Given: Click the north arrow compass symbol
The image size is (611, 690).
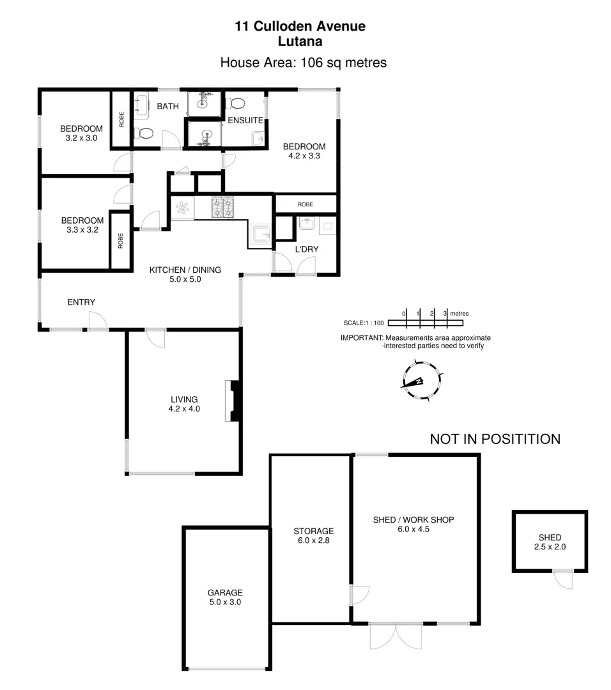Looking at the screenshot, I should [x=421, y=380].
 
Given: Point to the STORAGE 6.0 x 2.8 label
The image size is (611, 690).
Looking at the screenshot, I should [x=313, y=535].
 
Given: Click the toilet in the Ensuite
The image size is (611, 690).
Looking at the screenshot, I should [x=238, y=103].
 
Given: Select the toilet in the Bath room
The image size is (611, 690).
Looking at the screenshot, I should [x=144, y=134].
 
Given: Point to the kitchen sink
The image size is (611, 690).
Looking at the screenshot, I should [x=261, y=235].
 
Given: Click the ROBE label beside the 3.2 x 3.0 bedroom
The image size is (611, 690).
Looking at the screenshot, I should [x=121, y=119].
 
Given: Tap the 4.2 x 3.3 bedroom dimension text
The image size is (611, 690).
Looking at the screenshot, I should [x=304, y=155].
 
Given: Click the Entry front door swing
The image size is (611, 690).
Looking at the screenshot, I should [x=98, y=321].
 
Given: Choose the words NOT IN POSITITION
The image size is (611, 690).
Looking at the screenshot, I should [x=495, y=439].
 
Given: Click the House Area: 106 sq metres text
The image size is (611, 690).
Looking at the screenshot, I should [x=303, y=63].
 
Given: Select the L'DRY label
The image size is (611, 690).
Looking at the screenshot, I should [x=307, y=249].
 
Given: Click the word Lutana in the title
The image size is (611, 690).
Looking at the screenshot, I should [x=300, y=42].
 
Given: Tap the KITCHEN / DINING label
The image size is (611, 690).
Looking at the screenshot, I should [x=185, y=270].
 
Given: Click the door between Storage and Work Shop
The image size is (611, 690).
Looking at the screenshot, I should [x=359, y=595].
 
